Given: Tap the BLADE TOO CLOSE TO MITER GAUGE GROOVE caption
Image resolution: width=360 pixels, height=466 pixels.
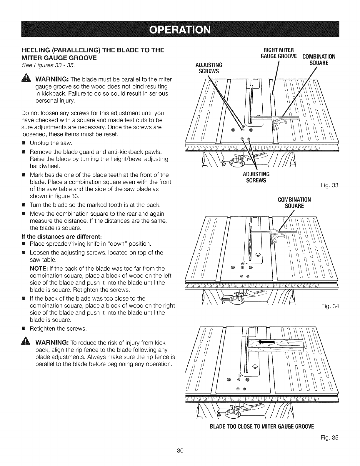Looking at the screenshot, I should pyautogui.click(x=262, y=426).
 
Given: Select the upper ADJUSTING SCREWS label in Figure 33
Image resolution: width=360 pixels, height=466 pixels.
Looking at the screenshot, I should pyautogui.click(x=209, y=68).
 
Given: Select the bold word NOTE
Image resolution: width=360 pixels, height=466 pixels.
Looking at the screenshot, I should pyautogui.click(x=37, y=269).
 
